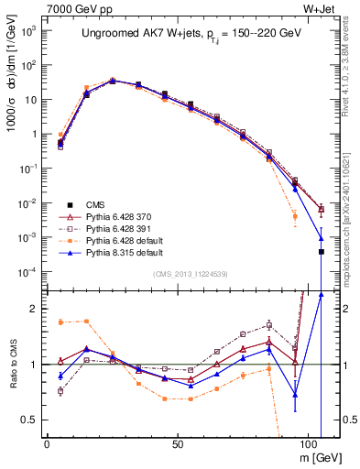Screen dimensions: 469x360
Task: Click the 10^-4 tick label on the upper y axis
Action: [x=27, y=272]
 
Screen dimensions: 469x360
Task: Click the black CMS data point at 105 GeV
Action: [x=322, y=251]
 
